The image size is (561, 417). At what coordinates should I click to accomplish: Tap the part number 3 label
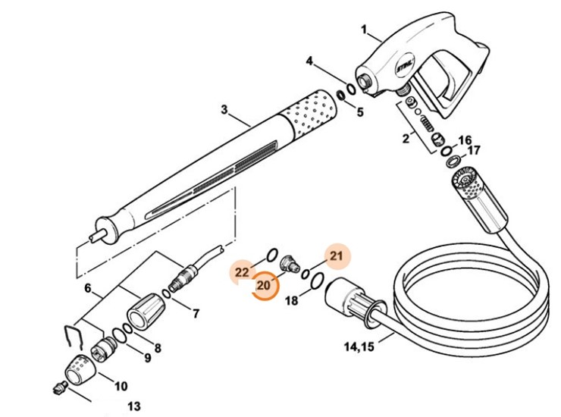[224, 110]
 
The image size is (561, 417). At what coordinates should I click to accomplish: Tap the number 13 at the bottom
[133, 406]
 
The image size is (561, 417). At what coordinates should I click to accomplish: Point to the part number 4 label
[310, 61]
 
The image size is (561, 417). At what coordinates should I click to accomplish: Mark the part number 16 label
[465, 140]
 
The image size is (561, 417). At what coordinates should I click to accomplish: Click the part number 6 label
[88, 288]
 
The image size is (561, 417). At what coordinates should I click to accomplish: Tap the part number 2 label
[406, 138]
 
